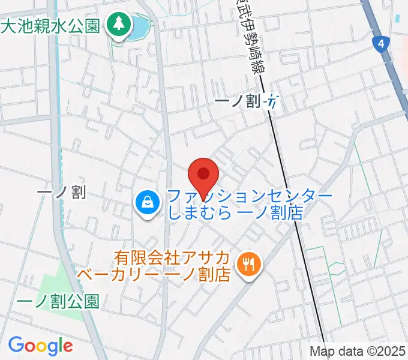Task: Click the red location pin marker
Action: [203, 175]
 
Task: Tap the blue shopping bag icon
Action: [146, 203]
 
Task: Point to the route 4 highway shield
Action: [380, 43]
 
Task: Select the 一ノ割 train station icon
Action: [273, 102]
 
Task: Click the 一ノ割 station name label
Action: [238, 102]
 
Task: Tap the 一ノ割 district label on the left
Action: [61, 192]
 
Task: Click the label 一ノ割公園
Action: [58, 301]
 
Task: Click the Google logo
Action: [40, 346]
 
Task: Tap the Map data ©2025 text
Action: [358, 352]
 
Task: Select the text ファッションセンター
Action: [250, 196]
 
